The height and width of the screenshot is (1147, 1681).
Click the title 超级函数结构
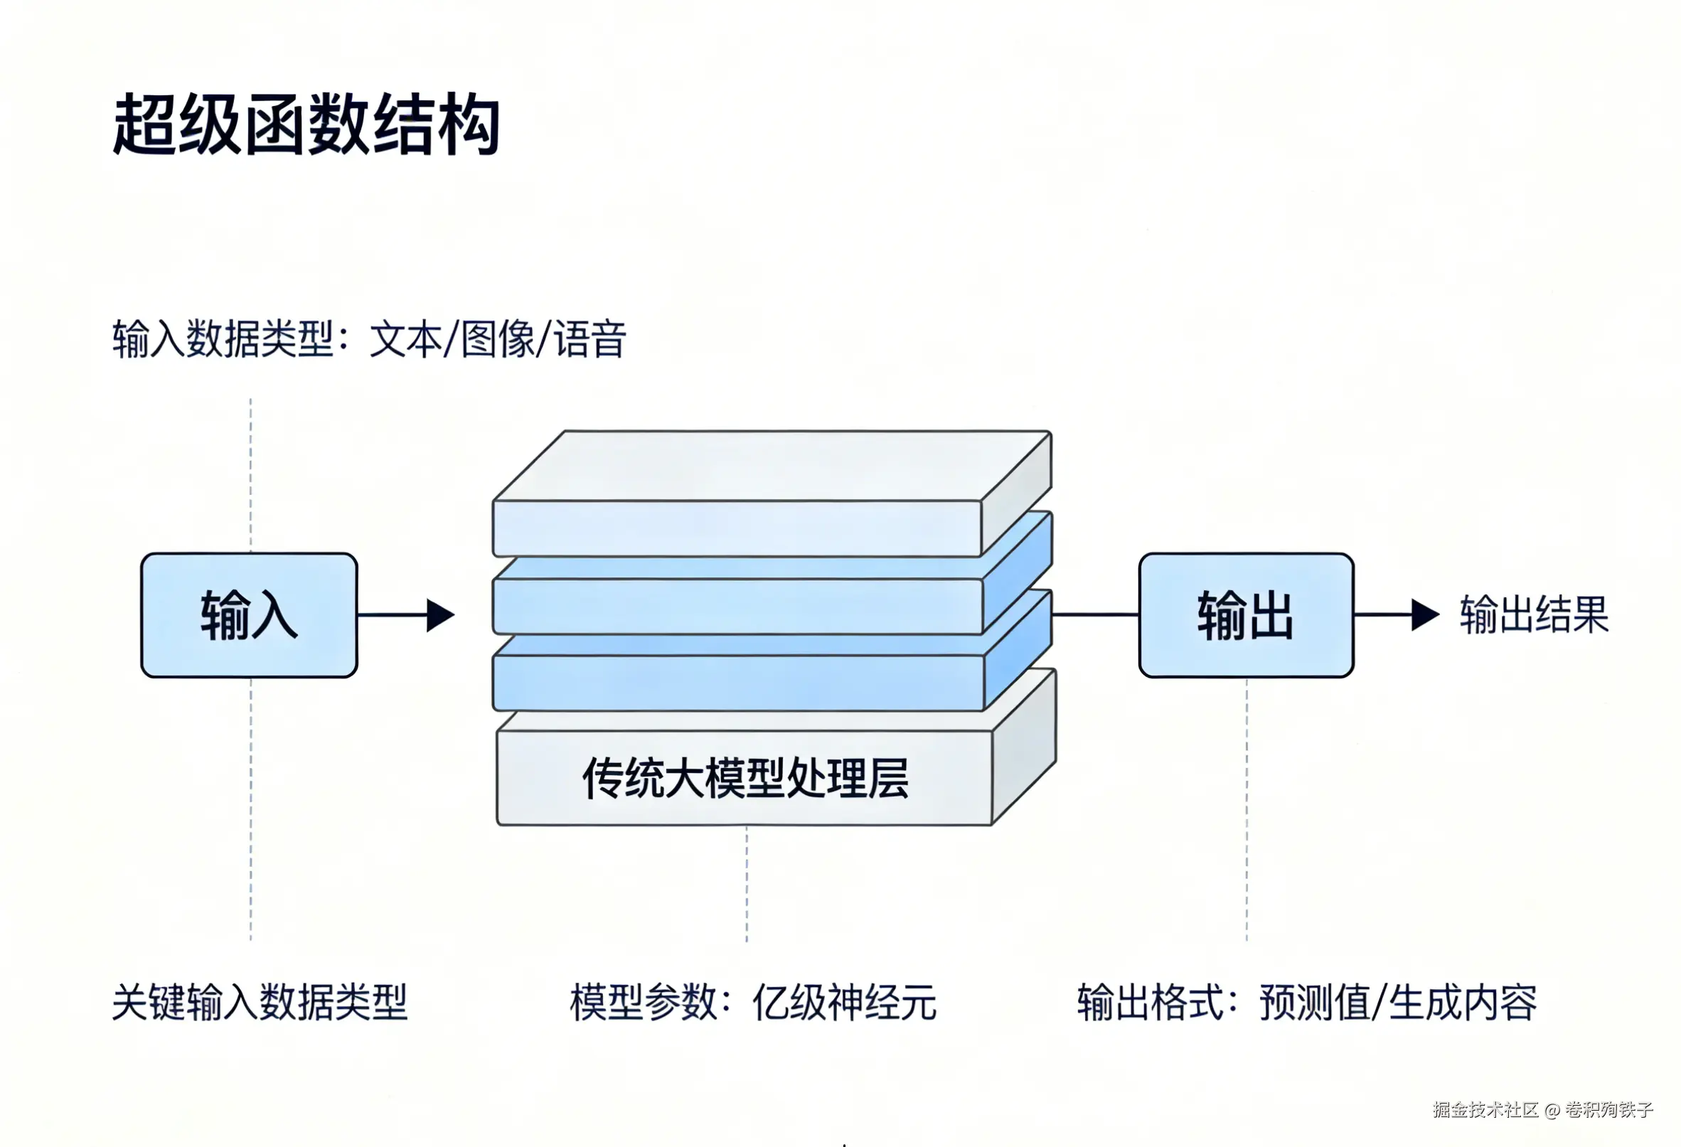pos(306,124)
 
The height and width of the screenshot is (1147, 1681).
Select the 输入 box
pos(250,615)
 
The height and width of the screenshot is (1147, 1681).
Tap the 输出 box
pos(1247,615)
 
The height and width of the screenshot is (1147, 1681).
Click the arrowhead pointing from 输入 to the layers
pos(440,615)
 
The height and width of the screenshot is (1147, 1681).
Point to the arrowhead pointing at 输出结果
pos(1425,615)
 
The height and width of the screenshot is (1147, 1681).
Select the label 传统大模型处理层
pos(745,778)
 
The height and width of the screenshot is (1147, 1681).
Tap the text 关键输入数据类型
pos(260,1002)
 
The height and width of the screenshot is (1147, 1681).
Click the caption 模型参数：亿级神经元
pos(753,1002)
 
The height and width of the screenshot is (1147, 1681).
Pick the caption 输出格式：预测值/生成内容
pos(1307,1002)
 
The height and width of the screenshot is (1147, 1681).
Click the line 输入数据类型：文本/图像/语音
pos(369,338)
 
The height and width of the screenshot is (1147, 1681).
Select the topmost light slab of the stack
pos(772,494)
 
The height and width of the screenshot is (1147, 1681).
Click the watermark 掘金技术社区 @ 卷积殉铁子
pos(1543,1109)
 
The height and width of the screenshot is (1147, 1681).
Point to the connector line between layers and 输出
pos(1096,614)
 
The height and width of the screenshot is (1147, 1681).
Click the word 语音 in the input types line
pos(589,338)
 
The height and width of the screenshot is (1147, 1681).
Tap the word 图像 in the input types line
pos(498,338)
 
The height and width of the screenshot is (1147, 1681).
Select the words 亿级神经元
pos(844,1002)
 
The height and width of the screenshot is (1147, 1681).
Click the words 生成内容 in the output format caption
pos(1463,1002)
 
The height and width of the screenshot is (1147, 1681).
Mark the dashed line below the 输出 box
pos(1247,809)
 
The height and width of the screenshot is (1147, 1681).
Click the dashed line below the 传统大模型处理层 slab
pos(747,884)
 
